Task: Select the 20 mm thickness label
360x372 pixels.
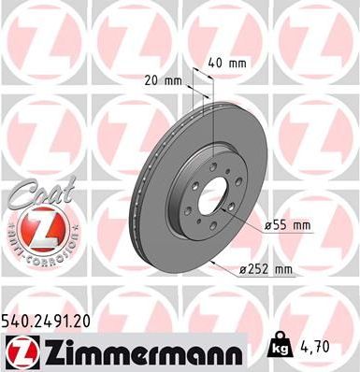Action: [x=165, y=80]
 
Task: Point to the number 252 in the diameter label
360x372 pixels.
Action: [x=260, y=271]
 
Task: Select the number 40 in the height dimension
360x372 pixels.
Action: [x=215, y=64]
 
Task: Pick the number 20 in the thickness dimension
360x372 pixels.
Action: [x=154, y=80]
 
